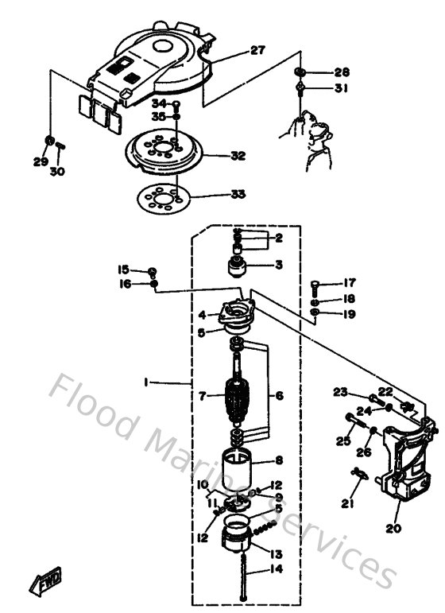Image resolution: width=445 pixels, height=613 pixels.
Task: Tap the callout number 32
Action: tap(238, 156)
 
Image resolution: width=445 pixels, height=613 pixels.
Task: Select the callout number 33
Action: tap(238, 193)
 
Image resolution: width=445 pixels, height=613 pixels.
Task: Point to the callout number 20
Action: tap(393, 527)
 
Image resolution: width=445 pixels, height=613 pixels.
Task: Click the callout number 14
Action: tap(276, 569)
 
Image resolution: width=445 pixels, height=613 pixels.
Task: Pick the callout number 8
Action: tap(278, 460)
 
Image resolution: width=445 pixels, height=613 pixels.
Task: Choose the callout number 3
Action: tap(278, 264)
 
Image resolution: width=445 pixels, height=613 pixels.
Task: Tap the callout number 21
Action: tap(347, 502)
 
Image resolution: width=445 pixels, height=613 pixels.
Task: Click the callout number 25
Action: tap(343, 441)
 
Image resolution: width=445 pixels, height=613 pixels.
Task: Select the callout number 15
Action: tap(124, 269)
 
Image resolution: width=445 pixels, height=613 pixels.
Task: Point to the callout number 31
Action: tap(342, 88)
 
